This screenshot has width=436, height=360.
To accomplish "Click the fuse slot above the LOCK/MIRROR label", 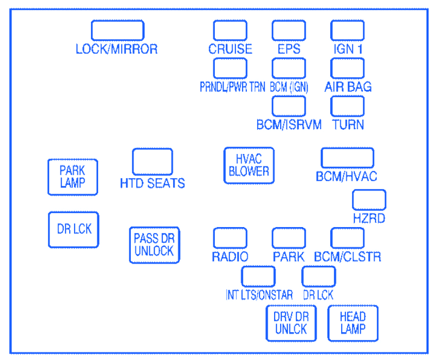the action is tap(118, 30).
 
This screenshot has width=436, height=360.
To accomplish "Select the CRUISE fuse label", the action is tap(230, 49).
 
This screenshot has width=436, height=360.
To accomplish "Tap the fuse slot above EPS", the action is tap(289, 30).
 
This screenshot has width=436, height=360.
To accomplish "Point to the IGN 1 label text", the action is tap(348, 49).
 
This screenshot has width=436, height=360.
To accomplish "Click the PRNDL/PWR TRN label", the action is tap(233, 87).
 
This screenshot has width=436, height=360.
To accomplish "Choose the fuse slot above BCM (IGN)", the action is tap(289, 68).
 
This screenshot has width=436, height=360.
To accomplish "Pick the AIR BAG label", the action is tap(348, 87).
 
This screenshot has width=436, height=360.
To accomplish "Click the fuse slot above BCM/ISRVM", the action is tap(289, 106).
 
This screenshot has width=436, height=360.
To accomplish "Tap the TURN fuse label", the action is tap(348, 125).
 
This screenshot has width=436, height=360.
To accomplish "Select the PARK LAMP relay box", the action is tap(73, 177).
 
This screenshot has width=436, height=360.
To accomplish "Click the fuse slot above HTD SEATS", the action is tap(153, 162).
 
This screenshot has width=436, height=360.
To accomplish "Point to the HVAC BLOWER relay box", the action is tap(249, 166).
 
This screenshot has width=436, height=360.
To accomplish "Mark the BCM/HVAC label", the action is tap(347, 176).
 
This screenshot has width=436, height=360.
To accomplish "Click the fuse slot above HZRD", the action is tap(369, 200).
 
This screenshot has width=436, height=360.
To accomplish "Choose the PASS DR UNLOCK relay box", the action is tap(155, 245).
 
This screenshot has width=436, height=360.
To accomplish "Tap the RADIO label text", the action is tap(230, 257).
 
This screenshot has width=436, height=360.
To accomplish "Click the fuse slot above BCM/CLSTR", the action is tap(347, 238).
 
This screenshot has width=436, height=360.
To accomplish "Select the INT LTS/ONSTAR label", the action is tap(259, 295).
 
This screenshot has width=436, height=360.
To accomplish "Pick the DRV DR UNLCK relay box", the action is tap(291, 323).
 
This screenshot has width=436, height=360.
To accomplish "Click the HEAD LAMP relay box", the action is tap(353, 323).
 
